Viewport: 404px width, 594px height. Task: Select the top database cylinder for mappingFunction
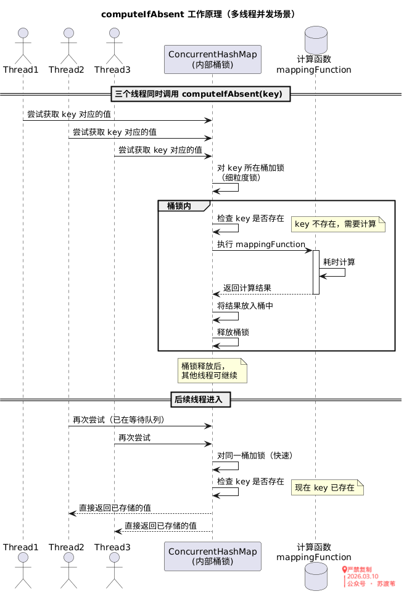click(314, 38)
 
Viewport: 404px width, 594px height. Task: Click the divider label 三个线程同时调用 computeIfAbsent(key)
click(202, 94)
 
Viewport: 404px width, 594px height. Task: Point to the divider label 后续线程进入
click(202, 399)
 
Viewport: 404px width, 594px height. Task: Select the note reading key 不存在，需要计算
click(336, 224)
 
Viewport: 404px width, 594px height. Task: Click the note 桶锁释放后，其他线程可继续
click(212, 370)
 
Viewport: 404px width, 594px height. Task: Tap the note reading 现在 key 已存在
click(326, 488)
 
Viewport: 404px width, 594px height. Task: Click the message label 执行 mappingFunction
click(261, 245)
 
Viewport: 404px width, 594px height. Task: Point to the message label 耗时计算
click(339, 262)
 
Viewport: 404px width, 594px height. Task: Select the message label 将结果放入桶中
click(245, 306)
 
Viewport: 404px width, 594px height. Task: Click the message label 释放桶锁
click(233, 332)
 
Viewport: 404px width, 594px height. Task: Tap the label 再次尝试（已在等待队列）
click(119, 420)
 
